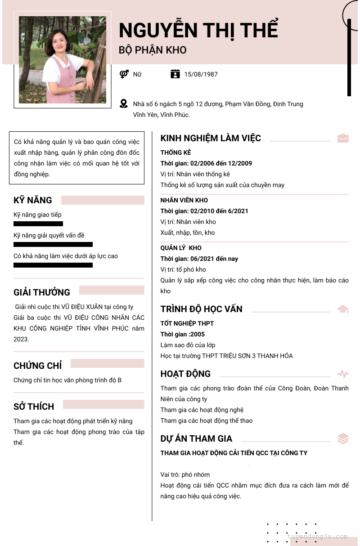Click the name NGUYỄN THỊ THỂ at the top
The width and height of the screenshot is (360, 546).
[x=198, y=31]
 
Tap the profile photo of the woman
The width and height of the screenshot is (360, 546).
[x=63, y=60]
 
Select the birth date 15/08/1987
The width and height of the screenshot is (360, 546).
[x=201, y=74]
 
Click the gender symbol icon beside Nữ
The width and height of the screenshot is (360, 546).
[x=124, y=74]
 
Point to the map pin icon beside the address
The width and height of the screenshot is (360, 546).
[x=124, y=104]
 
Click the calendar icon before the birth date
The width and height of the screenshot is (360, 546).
[x=175, y=74]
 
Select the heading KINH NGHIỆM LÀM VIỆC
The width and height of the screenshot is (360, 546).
[x=211, y=138]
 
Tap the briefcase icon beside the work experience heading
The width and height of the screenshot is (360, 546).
[x=343, y=138]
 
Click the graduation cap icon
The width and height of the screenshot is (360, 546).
[x=343, y=309]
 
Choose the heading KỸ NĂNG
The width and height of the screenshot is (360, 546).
[x=33, y=200]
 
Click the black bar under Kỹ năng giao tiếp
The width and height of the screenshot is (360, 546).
[x=38, y=224]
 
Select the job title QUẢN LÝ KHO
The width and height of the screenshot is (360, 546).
[x=181, y=248]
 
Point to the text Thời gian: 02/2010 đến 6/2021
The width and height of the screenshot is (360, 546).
[x=204, y=211]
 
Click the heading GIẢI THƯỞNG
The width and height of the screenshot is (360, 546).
[x=42, y=292]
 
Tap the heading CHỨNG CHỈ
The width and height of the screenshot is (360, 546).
[x=38, y=366]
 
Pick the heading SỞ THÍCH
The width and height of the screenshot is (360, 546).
[x=34, y=407]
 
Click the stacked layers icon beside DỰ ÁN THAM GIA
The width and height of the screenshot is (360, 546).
[x=343, y=439]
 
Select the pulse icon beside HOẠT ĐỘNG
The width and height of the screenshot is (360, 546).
[x=343, y=374]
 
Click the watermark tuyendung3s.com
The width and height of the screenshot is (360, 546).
[x=317, y=537]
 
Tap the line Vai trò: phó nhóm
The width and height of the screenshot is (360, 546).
[x=185, y=474]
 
